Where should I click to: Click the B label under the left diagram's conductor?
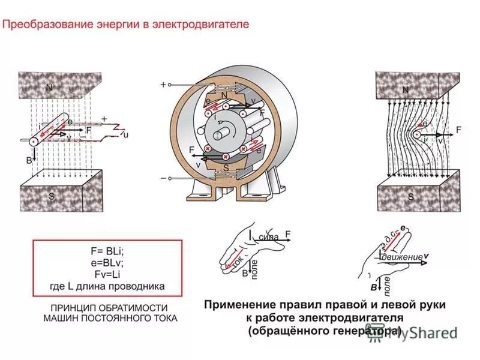click(28, 161)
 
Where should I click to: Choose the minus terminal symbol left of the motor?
click(163, 178)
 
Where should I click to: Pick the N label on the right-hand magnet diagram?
click(406, 91)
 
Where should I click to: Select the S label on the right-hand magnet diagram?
click(411, 196)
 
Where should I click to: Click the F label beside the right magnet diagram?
click(459, 130)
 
